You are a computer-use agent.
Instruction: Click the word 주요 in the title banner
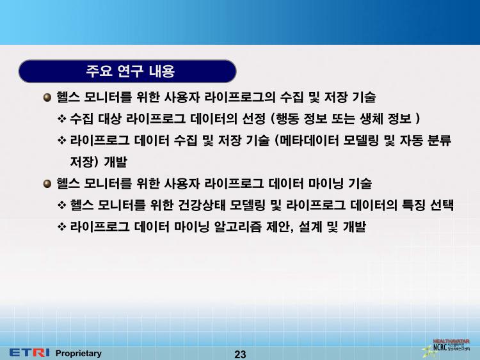pyautogui.click(x=99, y=71)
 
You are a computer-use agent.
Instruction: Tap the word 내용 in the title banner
pyautogui.click(x=162, y=71)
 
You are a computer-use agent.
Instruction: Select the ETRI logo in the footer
pyautogui.click(x=29, y=353)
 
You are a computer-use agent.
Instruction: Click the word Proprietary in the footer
pyautogui.click(x=78, y=353)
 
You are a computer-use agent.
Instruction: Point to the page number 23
pyautogui.click(x=240, y=354)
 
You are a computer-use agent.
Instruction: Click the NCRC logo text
pyautogui.click(x=440, y=347)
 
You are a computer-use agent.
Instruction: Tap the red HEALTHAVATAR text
pyautogui.click(x=451, y=341)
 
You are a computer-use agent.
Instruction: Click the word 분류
pyautogui.click(x=439, y=141)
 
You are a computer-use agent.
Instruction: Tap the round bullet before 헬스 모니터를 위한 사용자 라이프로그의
pyautogui.click(x=47, y=98)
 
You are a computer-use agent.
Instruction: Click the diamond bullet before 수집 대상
pyautogui.click(x=62, y=119)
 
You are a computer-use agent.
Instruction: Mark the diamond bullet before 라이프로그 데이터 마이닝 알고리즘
pyautogui.click(x=62, y=226)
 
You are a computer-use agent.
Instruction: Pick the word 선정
pyautogui.click(x=253, y=119)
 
